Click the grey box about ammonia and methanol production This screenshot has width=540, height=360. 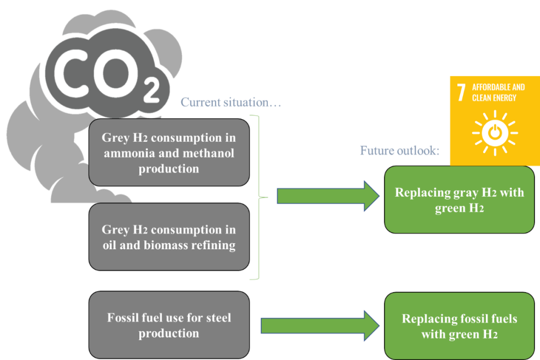[x=169, y=152]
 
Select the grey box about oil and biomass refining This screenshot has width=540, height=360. [x=169, y=237]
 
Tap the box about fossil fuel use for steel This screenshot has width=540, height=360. [x=169, y=325]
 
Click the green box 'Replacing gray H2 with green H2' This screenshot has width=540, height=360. [x=459, y=200]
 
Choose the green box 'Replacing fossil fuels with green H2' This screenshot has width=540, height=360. [x=459, y=326]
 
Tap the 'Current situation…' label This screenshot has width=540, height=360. [x=231, y=102]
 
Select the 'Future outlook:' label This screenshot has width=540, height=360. [x=399, y=151]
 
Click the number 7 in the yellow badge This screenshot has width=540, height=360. [x=461, y=93]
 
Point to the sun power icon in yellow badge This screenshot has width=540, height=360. [x=494, y=132]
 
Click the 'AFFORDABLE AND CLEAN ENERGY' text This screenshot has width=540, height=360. [x=498, y=92]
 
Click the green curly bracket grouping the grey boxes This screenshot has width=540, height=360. [x=258, y=197]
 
